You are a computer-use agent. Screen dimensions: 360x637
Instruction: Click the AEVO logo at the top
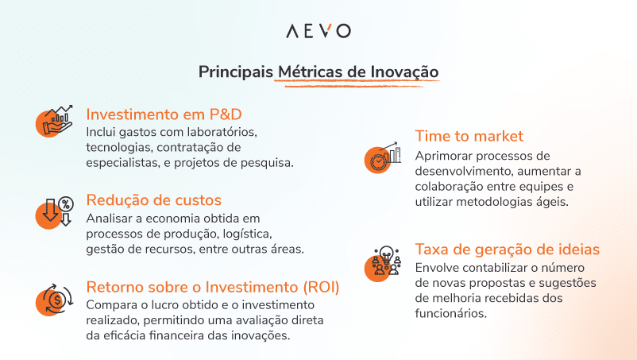coord(318,31)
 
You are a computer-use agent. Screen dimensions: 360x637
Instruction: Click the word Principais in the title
coord(236,72)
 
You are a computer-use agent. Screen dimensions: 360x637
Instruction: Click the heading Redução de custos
coord(153,199)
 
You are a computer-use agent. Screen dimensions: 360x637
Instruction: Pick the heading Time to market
coord(469,136)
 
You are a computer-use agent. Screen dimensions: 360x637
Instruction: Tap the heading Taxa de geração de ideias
coord(507,249)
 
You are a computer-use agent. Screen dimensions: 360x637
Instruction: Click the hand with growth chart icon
coord(56,121)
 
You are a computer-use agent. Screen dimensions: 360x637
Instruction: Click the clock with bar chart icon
coord(382,158)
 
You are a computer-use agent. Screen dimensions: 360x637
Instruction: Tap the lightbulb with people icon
coord(384,263)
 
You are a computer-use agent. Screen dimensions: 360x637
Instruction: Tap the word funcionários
coord(450,313)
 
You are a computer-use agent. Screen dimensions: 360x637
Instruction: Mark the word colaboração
coord(450,187)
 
